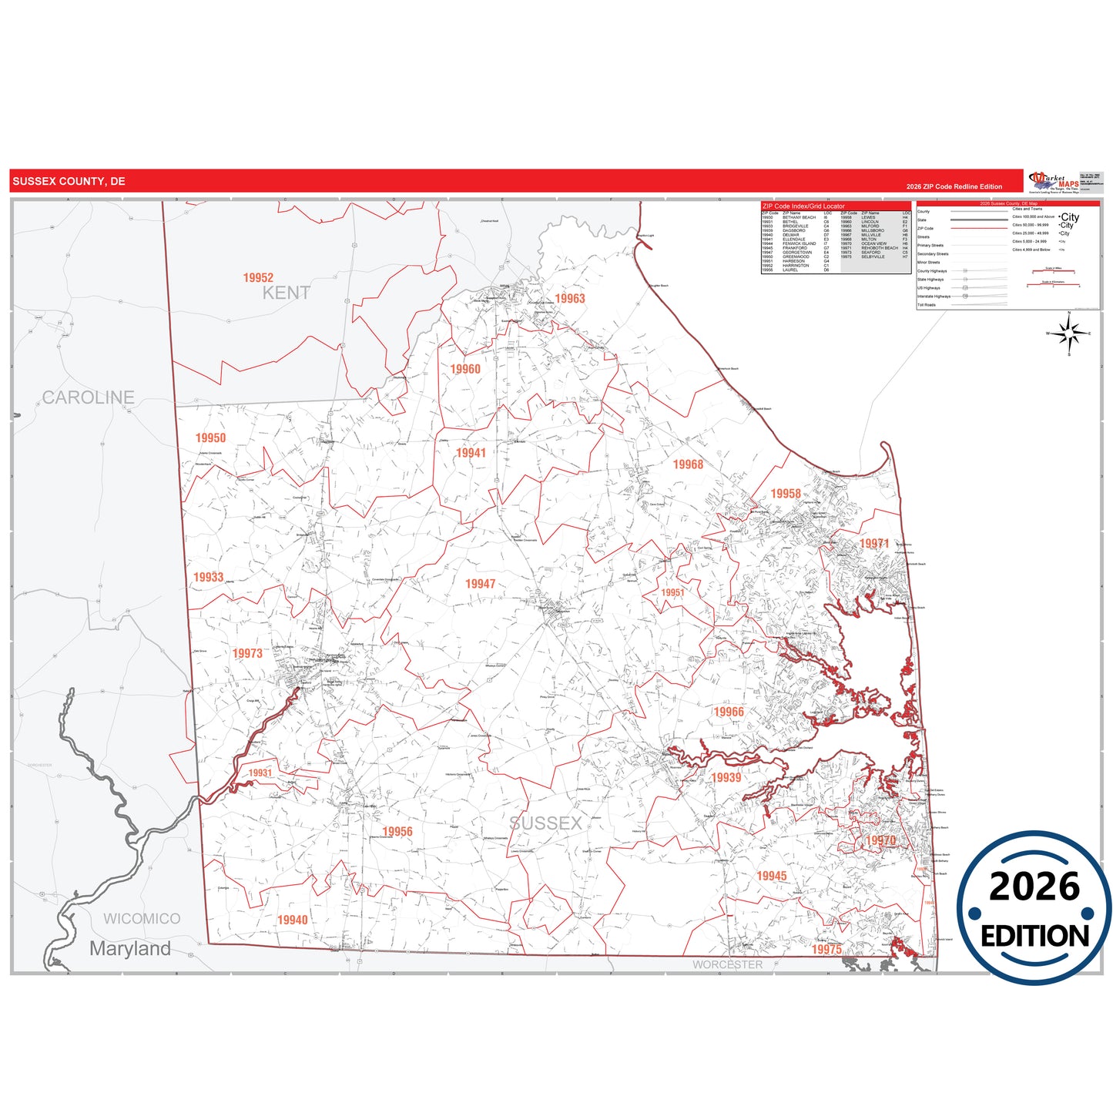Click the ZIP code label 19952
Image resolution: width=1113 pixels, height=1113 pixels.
258,278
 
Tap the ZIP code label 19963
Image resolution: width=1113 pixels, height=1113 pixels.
570,299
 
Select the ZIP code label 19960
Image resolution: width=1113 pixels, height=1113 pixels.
465,370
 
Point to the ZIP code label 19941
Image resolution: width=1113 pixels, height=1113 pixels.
471,453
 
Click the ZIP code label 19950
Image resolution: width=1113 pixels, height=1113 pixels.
210,438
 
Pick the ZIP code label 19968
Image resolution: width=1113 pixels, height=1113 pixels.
688,464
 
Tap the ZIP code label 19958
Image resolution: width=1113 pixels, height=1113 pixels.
786,494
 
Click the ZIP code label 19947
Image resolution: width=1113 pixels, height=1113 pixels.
480,584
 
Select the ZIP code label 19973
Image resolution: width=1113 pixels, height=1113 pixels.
247,653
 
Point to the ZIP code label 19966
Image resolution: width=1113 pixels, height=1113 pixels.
729,712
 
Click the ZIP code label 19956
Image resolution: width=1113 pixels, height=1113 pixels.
397,832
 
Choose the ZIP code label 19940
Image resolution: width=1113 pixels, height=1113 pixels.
293,920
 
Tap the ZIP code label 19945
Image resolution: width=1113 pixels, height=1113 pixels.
772,876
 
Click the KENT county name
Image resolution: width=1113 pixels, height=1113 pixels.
287,293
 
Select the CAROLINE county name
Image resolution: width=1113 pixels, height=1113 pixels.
88,397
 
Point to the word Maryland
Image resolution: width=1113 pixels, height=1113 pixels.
130,949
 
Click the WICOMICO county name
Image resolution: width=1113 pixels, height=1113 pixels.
142,919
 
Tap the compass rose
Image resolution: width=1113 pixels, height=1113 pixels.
1068,334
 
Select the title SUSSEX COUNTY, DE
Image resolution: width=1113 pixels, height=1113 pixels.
69,182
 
